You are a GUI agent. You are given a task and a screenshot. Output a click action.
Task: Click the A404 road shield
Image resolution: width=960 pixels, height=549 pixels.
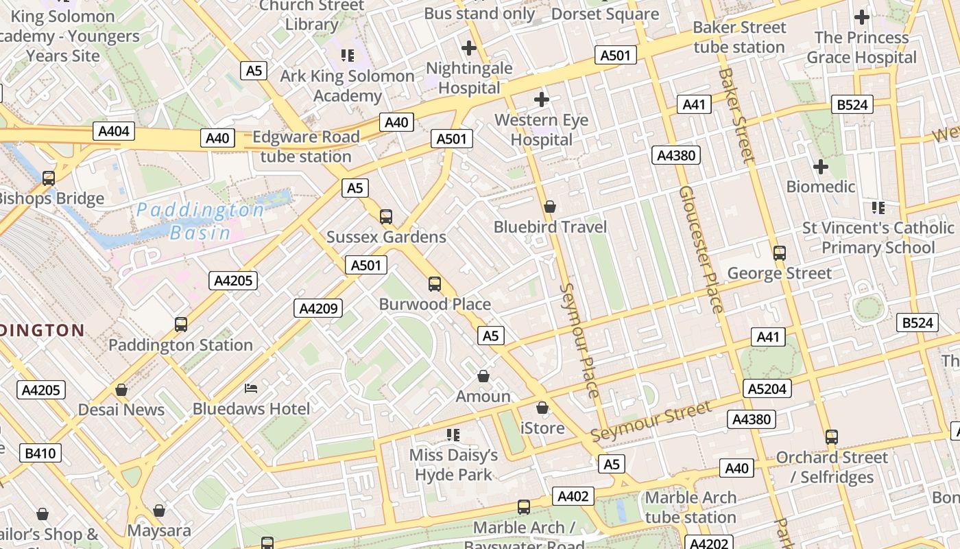coord(114,131)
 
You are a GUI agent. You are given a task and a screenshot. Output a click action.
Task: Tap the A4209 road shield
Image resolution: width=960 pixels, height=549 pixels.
coord(318,308)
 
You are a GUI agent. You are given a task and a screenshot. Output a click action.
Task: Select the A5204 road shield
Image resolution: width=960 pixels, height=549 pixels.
coord(767,389)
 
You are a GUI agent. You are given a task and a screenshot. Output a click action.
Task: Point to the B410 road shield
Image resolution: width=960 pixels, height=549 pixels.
coord(40,453)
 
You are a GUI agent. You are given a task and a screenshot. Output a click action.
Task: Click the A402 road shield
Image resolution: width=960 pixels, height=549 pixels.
coord(573,496)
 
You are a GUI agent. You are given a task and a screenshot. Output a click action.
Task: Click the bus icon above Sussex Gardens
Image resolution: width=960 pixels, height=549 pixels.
coord(386,217)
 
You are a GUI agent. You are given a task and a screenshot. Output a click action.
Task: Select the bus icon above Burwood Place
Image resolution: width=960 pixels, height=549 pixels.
coord(434,283)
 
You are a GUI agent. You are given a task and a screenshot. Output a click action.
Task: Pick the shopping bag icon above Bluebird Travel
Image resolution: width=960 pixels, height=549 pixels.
coord(549,206)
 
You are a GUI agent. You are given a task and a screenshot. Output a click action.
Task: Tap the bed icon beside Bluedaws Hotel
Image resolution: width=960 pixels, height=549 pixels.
coord(251,388)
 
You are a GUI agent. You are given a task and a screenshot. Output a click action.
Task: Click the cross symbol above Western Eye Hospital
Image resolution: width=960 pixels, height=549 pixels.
coord(542,100)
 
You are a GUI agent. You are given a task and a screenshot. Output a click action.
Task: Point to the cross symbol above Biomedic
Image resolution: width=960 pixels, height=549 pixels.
coord(820,166)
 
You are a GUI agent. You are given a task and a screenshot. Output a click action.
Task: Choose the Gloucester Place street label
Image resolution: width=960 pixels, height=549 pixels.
coord(701,249)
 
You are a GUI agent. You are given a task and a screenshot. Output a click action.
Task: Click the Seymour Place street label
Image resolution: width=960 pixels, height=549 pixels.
coord(579,340)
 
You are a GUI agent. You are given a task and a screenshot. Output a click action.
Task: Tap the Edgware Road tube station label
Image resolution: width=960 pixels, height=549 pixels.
coord(306,146)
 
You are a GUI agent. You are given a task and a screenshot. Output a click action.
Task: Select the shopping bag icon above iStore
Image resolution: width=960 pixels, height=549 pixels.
coord(542,408)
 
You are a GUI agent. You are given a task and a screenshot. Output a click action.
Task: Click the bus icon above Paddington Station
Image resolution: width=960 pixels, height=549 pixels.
coord(181,324)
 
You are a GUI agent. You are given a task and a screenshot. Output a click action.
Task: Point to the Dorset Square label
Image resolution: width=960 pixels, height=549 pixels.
coord(605,14)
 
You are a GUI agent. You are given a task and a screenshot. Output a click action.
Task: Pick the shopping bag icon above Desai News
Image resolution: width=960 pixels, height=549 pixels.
coord(121,390)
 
